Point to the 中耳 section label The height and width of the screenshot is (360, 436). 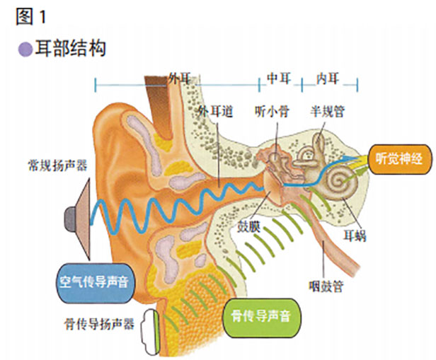278,76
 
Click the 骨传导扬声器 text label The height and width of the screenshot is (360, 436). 98,323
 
